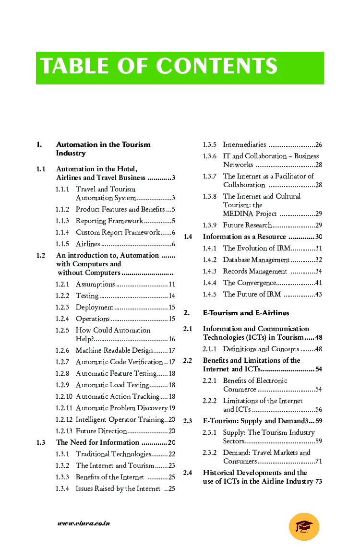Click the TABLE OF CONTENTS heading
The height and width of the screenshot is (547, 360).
pyautogui.click(x=159, y=67)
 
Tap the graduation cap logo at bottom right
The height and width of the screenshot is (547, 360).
pyautogui.click(x=304, y=526)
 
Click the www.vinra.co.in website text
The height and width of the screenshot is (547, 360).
pyautogui.click(x=84, y=523)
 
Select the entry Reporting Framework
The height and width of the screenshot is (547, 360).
pyautogui.click(x=109, y=221)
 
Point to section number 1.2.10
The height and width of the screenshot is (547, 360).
pyautogui.click(x=64, y=396)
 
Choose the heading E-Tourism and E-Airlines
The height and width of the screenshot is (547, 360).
pyautogui.click(x=246, y=313)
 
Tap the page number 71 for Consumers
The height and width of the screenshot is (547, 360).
pyautogui.click(x=318, y=462)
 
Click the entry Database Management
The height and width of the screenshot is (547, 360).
pyautogui.click(x=256, y=260)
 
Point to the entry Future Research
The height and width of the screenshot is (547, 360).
pyautogui.click(x=247, y=225)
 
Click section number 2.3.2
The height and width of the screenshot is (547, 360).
pyautogui.click(x=210, y=452)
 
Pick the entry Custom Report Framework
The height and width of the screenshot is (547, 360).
pyautogui.click(x=118, y=232)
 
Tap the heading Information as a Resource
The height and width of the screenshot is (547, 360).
pyautogui.click(x=244, y=237)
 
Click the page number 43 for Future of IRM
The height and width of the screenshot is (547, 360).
pyautogui.click(x=318, y=295)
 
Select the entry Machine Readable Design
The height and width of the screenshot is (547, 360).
pyautogui.click(x=114, y=350)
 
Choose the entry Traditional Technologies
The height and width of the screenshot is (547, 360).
pyautogui.click(x=113, y=454)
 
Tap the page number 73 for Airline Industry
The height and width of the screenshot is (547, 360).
pyautogui.click(x=318, y=481)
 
